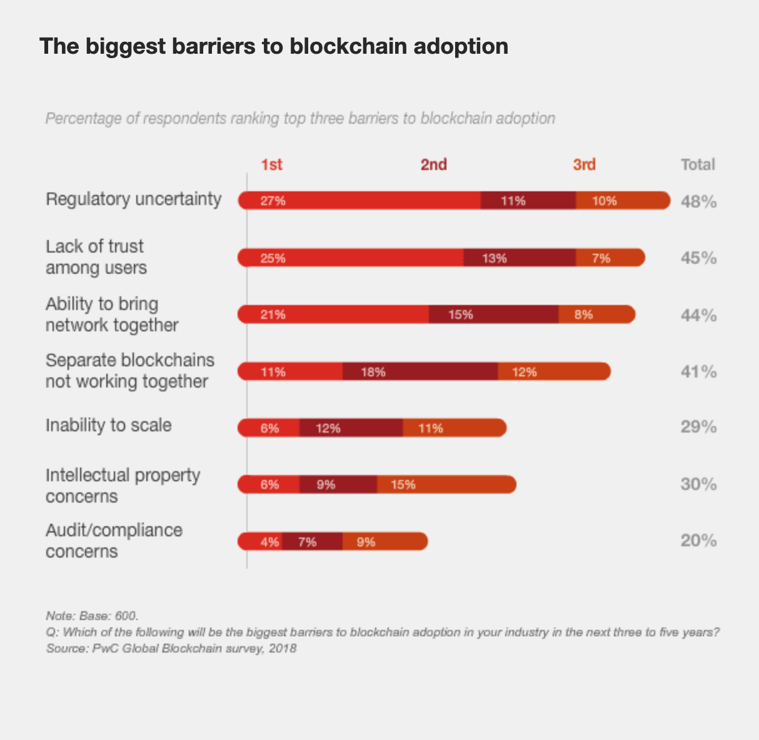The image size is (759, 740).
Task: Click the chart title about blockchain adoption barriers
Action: (273, 46)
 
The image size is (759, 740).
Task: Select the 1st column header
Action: (271, 164)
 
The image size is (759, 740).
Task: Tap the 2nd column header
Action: (433, 164)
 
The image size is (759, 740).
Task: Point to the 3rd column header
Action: (584, 164)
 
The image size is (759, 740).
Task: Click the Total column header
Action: (697, 164)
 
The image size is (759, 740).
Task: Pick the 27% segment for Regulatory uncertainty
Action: (359, 201)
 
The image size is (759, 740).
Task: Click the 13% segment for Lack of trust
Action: (519, 258)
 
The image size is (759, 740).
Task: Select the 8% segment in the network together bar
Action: (596, 315)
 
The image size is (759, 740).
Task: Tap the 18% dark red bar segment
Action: (420, 372)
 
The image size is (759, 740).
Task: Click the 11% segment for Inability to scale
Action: (453, 428)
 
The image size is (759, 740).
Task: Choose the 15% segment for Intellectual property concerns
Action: (446, 484)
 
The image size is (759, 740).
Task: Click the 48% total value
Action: (698, 202)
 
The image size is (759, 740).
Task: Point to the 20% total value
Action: (698, 541)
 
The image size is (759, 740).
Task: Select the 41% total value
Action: (698, 372)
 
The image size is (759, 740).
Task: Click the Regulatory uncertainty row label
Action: (133, 199)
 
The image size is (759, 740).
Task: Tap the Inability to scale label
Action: (108, 426)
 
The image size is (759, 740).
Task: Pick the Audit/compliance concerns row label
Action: (114, 541)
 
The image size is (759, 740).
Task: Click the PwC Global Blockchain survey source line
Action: (171, 649)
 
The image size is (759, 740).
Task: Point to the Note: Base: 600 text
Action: (92, 616)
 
